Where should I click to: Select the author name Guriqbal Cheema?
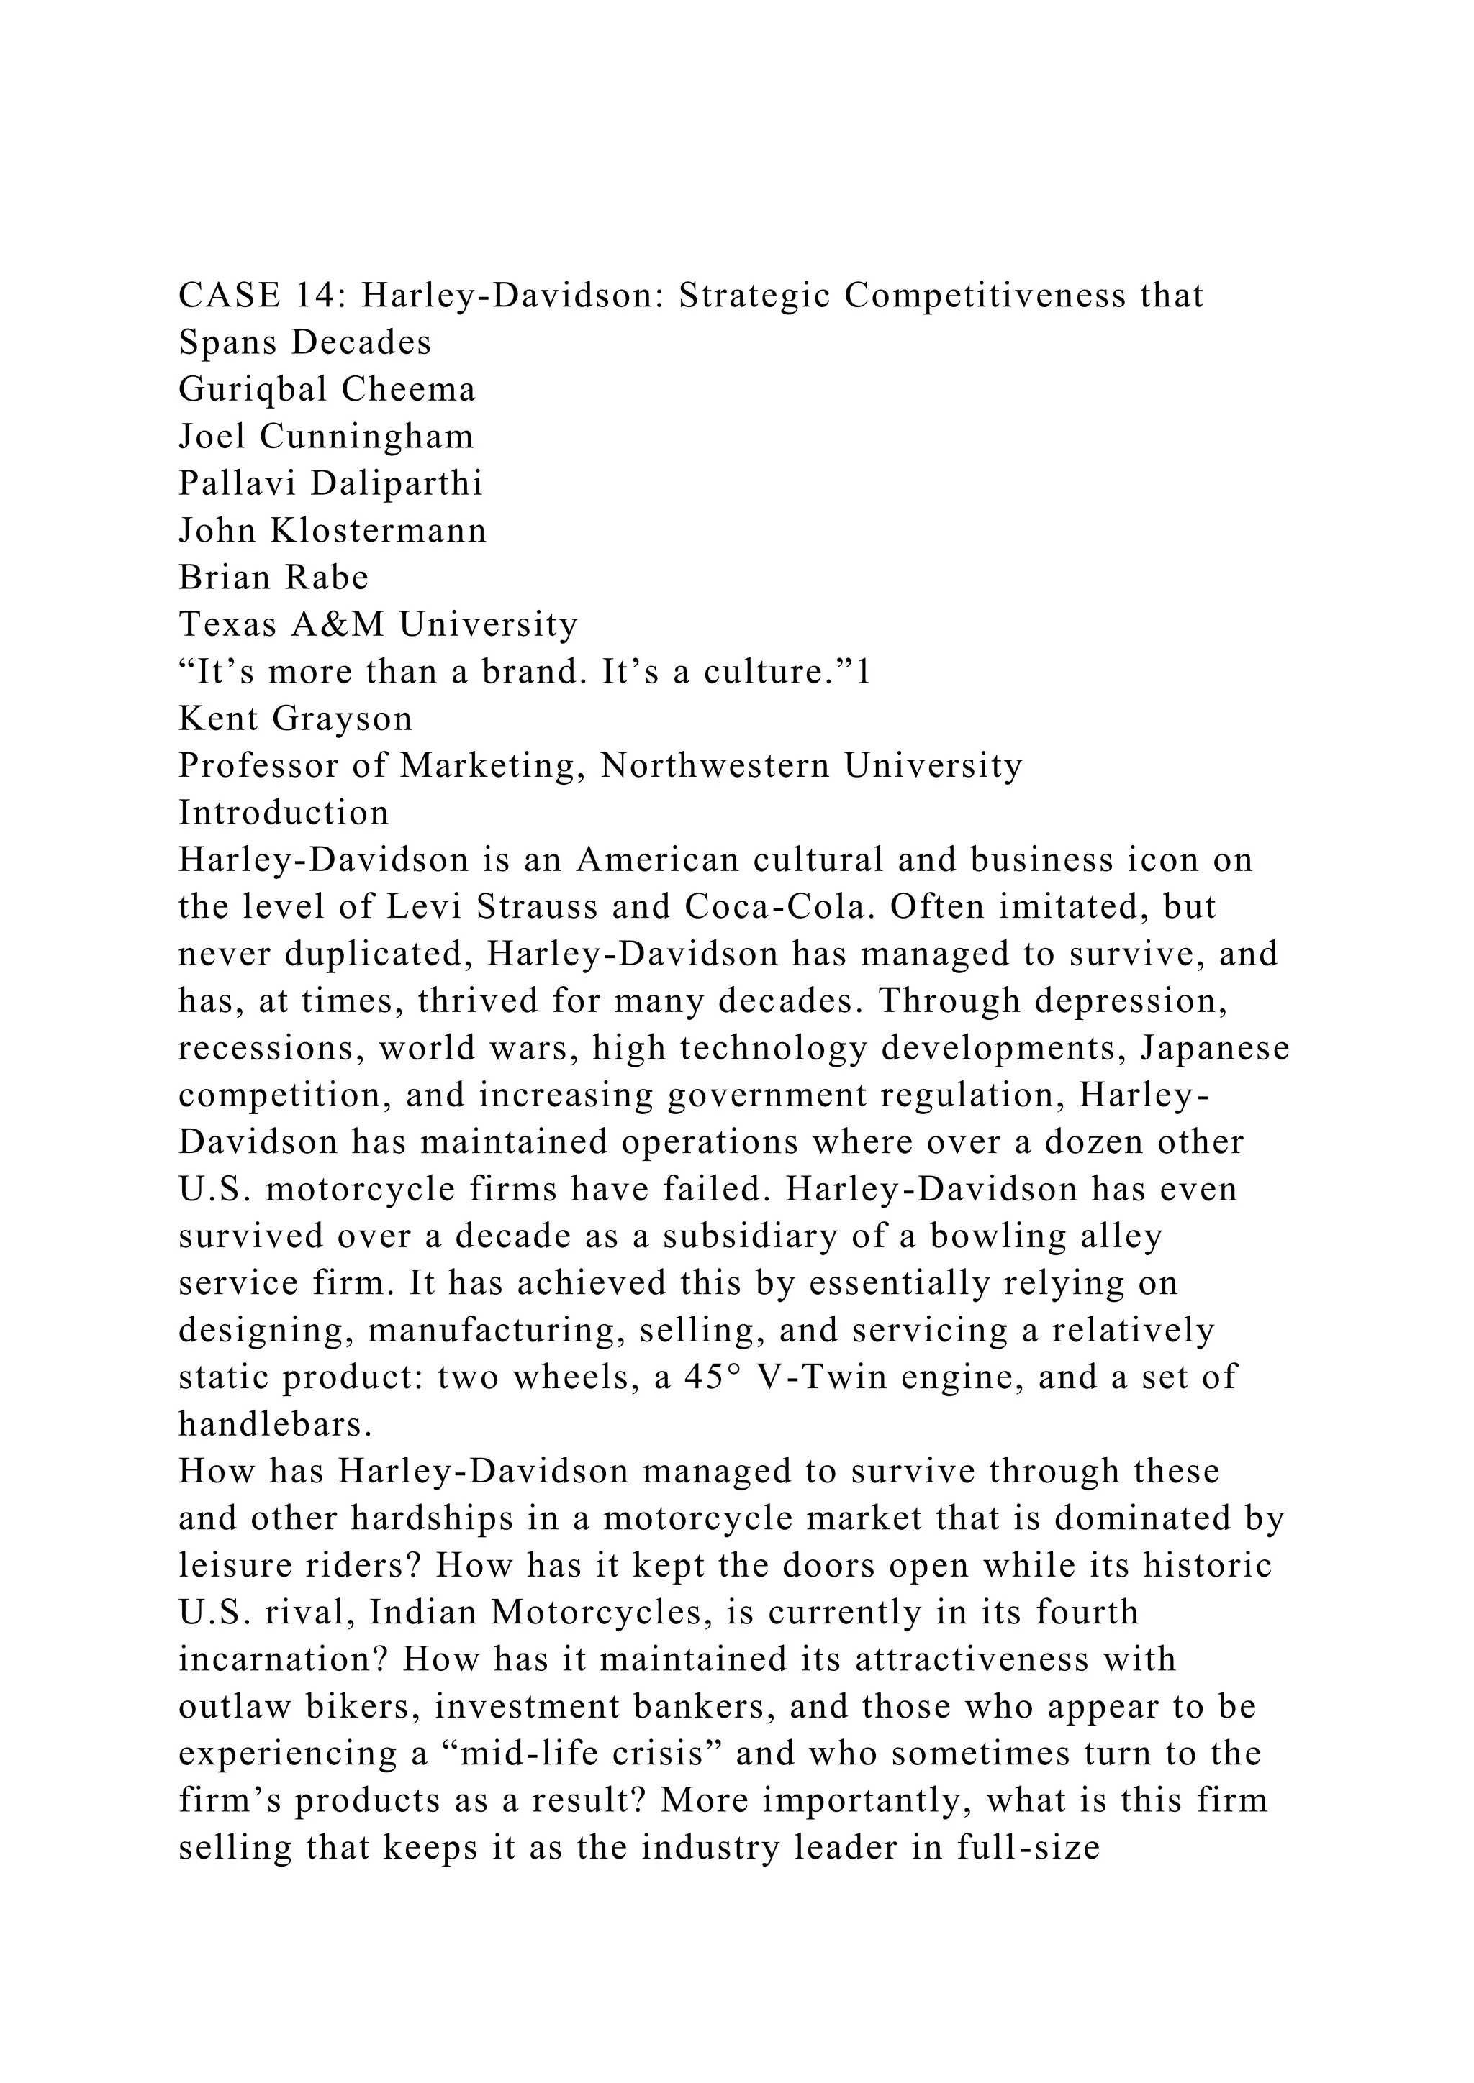click(327, 389)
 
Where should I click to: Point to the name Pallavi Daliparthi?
click(330, 483)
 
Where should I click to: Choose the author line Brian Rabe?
click(273, 578)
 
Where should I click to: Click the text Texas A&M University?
click(378, 624)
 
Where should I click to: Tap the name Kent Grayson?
click(295, 719)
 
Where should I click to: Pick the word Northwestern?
click(715, 766)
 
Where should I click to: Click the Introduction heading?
click(283, 813)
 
